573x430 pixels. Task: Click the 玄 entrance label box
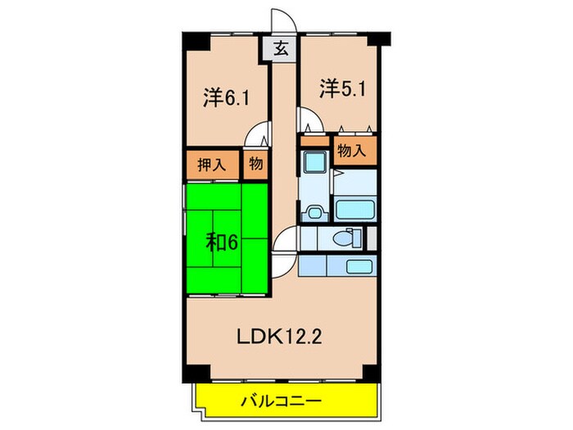click(x=280, y=49)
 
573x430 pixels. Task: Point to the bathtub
click(x=355, y=209)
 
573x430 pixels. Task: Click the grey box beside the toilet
click(x=370, y=238)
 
